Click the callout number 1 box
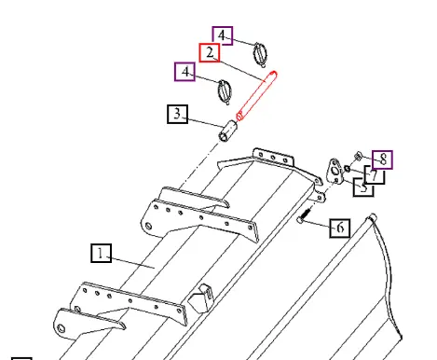click(102, 253)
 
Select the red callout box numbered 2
click(210, 52)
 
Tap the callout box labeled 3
click(177, 114)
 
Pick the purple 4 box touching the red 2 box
click(223, 35)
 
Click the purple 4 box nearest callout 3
click(185, 72)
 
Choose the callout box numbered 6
click(340, 228)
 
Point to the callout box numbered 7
click(376, 175)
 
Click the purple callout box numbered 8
click(382, 159)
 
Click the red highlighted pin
click(256, 96)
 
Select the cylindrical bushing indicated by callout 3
click(228, 131)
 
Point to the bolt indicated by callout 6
click(304, 215)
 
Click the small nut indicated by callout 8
click(358, 156)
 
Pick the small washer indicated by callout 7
click(348, 169)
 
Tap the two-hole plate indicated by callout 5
click(335, 172)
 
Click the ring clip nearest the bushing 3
click(225, 91)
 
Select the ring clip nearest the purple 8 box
click(260, 54)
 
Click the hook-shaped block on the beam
click(201, 298)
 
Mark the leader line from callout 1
click(131, 262)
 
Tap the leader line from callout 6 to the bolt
click(316, 224)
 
